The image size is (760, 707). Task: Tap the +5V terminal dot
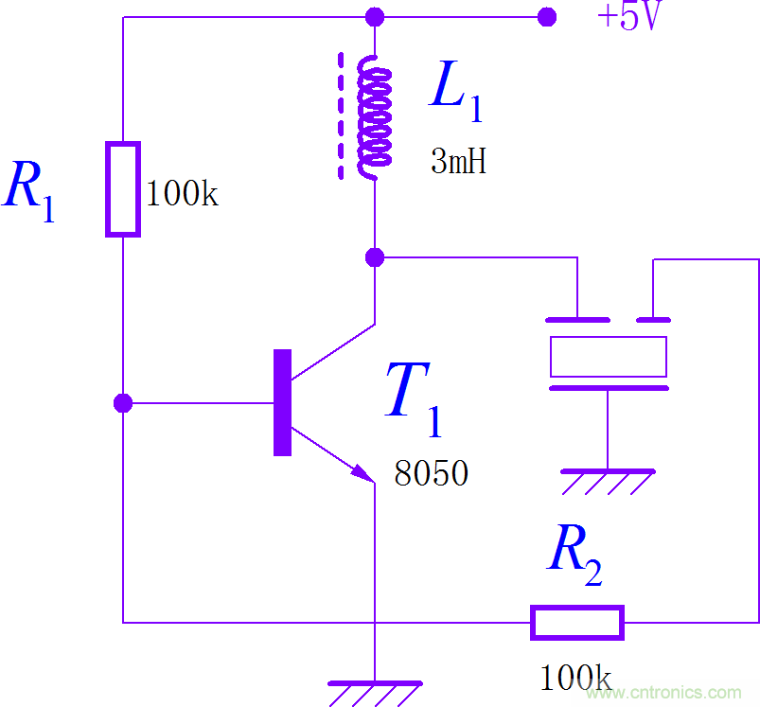tap(546, 17)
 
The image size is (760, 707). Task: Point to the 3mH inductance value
tap(458, 162)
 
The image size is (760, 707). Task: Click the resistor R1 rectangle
tap(123, 188)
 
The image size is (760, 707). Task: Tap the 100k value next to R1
tap(182, 194)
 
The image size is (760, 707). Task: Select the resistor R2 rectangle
tap(577, 622)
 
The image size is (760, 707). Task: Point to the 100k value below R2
tap(574, 677)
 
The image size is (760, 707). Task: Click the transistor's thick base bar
tap(282, 402)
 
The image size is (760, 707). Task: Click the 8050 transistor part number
tap(432, 473)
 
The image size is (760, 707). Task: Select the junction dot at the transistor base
tap(123, 403)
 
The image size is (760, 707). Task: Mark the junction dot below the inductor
tap(375, 256)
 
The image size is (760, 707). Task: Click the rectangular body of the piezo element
tap(609, 356)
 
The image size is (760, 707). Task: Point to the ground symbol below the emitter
tap(375, 692)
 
